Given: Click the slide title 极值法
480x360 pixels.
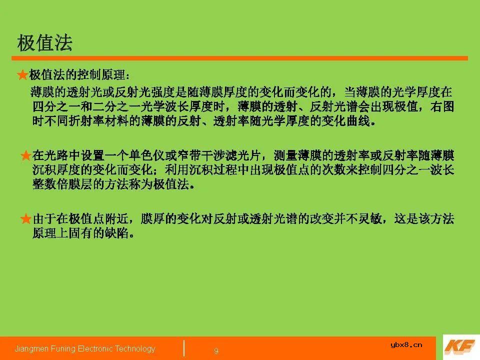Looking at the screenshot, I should (45, 43).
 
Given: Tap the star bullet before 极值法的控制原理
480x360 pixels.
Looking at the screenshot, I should (22, 75).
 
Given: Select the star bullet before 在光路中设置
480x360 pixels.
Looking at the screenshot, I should (25, 156).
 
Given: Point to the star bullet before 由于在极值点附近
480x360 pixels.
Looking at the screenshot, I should (25, 219).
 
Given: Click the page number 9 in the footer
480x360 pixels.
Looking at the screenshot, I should (216, 351).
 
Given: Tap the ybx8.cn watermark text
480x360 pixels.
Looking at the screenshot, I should (406, 344).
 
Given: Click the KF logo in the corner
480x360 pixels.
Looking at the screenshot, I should (459, 347).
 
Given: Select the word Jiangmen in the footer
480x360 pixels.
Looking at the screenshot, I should (31, 349).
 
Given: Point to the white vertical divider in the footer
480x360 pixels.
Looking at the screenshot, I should (184, 348).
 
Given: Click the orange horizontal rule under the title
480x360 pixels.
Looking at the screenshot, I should (240, 58).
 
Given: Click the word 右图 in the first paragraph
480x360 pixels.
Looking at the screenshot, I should (442, 107).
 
